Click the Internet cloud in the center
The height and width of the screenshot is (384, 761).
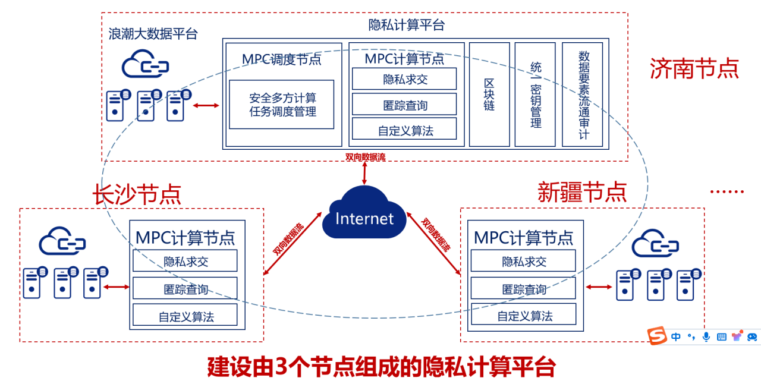[364, 217]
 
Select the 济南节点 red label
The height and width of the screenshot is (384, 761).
[694, 68]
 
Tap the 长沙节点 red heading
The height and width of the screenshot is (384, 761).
[137, 194]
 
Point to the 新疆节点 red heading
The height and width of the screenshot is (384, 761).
[582, 191]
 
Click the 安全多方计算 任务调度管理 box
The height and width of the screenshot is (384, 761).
[282, 105]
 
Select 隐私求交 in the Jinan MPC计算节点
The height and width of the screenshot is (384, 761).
[404, 79]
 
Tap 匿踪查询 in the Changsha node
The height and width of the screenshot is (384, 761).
[185, 289]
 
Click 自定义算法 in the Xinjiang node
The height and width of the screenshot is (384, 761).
[524, 316]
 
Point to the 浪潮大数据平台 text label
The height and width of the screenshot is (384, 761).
[153, 33]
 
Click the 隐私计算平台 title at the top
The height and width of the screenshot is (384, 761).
[407, 25]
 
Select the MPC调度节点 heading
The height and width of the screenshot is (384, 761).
[282, 59]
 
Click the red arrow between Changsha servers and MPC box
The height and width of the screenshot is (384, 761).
[116, 287]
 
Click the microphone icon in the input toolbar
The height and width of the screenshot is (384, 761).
[706, 337]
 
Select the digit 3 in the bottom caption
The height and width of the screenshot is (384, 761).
[282, 367]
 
